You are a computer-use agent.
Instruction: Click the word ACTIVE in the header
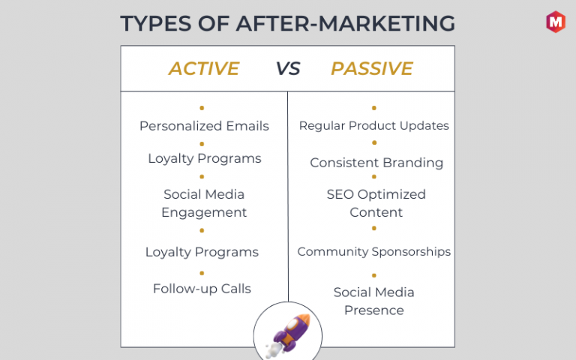click(204, 68)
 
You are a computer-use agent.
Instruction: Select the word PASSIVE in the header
click(372, 68)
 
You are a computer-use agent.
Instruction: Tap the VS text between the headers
click(288, 69)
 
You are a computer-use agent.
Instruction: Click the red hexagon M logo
click(556, 22)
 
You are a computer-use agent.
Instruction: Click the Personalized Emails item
click(204, 126)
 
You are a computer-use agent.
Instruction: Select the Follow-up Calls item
click(202, 289)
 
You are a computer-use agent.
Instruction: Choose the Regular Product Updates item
click(374, 126)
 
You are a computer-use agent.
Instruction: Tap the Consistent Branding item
click(376, 163)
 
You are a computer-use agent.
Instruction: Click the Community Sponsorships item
click(374, 252)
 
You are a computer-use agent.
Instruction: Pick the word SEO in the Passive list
click(340, 194)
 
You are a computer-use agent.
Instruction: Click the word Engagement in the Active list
click(204, 213)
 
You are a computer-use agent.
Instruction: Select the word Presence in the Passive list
click(374, 310)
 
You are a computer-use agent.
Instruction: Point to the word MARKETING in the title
click(386, 23)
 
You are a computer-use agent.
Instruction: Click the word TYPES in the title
click(156, 23)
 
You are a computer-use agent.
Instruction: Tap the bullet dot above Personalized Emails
click(202, 108)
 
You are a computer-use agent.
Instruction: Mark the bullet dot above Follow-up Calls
click(202, 273)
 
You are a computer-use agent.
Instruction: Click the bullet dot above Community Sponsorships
click(374, 229)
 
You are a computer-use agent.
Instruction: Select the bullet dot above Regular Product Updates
click(374, 108)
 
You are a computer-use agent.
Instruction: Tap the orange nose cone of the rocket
click(304, 320)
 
